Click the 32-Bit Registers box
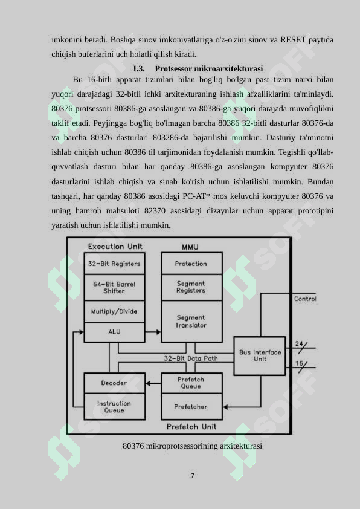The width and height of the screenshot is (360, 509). click(x=114, y=263)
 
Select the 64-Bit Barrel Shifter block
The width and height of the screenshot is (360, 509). click(x=114, y=287)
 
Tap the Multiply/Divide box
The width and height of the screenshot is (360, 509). click(x=114, y=311)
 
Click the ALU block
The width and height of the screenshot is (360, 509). click(x=114, y=332)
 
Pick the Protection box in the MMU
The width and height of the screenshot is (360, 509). click(x=191, y=263)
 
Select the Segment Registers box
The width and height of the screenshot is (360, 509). click(x=191, y=287)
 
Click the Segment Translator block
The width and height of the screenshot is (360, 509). click(x=191, y=322)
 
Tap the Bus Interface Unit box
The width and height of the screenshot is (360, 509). click(x=260, y=356)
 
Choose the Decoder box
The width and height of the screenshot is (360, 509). click(x=114, y=383)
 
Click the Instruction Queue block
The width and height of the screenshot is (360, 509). click(x=114, y=407)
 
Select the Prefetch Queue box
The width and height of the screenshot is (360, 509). click(x=191, y=383)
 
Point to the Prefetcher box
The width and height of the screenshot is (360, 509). click(x=191, y=407)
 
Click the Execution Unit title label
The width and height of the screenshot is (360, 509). click(x=115, y=247)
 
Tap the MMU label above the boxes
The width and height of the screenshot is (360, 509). click(x=190, y=247)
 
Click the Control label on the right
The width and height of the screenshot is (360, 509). click(x=305, y=299)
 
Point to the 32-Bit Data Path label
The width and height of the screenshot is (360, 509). click(x=191, y=358)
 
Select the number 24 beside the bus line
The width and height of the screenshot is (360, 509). click(x=299, y=343)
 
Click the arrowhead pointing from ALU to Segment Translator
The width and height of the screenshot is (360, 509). click(x=159, y=332)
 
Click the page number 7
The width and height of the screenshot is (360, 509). click(x=193, y=475)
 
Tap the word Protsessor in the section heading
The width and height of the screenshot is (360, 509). click(x=173, y=68)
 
